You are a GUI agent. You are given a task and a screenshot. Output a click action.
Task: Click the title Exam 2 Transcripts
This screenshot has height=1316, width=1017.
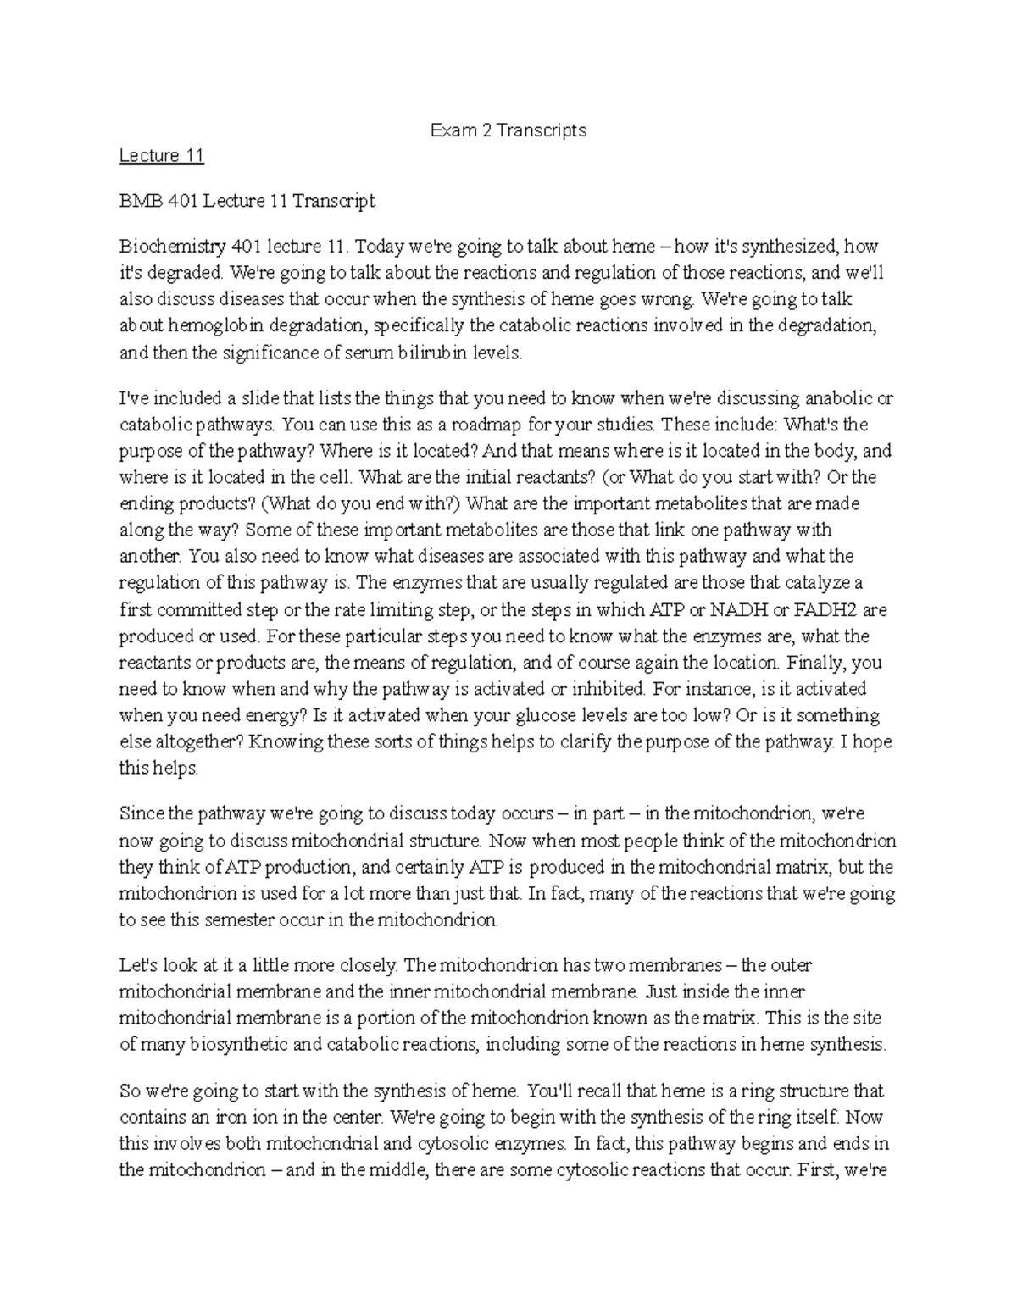click(x=508, y=130)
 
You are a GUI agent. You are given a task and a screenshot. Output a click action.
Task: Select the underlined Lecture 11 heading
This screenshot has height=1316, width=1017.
click(x=161, y=156)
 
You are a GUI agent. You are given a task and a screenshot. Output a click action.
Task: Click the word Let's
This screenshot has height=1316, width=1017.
click(x=141, y=965)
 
